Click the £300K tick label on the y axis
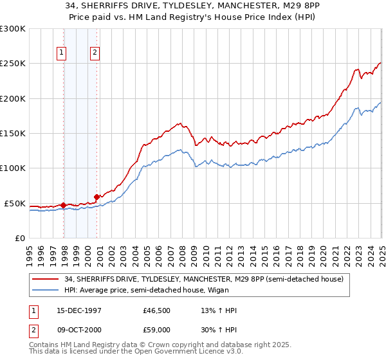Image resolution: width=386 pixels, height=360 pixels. pyautogui.click(x=13, y=29)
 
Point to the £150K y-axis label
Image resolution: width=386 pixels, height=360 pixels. pyautogui.click(x=13, y=134)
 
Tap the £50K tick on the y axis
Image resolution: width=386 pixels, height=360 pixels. pyautogui.click(x=15, y=203)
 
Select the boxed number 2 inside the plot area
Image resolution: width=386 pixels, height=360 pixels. pyautogui.click(x=95, y=53)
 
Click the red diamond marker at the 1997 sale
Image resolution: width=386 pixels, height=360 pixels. pyautogui.click(x=64, y=206)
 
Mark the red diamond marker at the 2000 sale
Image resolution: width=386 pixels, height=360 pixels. pyautogui.click(x=96, y=197)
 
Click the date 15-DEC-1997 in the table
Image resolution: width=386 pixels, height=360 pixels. pyautogui.click(x=77, y=310)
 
